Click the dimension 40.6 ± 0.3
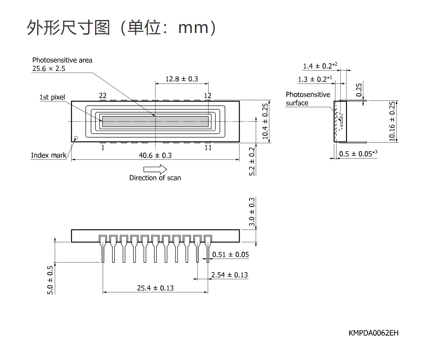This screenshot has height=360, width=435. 155,155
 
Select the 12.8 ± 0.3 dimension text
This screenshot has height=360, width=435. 182,79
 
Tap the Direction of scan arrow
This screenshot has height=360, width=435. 155,169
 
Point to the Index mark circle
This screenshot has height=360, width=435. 76,138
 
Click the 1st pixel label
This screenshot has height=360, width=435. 52,97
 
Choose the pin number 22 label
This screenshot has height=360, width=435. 103,96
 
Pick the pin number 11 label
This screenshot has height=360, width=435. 208,148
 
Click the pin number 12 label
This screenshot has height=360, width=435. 208,96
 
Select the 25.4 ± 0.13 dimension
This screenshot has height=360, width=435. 155,288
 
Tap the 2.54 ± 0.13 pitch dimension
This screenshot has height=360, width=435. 229,275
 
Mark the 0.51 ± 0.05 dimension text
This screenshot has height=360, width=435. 231,254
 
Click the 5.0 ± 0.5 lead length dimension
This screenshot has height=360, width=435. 50,280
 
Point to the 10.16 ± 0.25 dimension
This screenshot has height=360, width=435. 392,121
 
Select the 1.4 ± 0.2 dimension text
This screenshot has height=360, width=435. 320,66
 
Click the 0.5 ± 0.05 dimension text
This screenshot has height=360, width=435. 358,154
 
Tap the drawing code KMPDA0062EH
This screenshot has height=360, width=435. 373,333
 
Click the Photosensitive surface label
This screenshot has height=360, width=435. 308,99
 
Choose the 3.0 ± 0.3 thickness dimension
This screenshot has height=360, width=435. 252,212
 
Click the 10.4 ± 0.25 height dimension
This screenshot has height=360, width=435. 265,121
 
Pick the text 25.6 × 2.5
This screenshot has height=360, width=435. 49,68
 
